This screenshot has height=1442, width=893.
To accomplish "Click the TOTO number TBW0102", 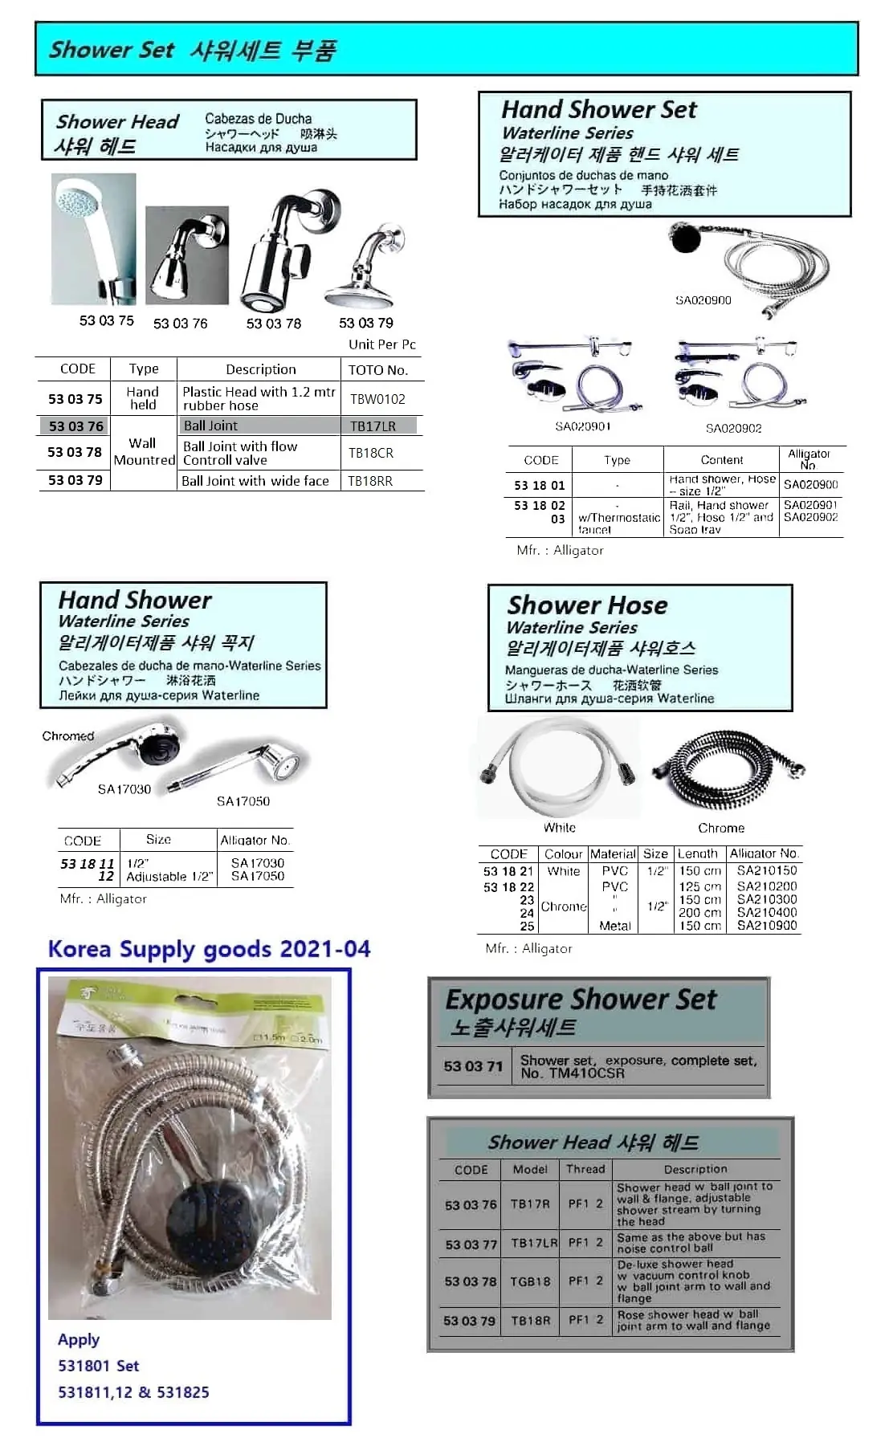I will (377, 399).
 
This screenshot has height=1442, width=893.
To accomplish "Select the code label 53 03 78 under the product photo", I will (274, 324).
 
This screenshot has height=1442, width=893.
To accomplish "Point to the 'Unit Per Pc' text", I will (382, 344).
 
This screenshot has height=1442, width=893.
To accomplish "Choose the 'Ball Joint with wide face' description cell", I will (255, 481).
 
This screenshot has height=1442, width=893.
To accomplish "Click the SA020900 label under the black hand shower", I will (703, 300).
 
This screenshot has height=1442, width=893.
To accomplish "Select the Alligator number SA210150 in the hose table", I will (767, 870).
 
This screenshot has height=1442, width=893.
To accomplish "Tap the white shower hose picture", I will (559, 767).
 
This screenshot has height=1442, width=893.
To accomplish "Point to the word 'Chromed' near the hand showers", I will (68, 735).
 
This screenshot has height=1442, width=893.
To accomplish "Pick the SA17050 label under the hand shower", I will (243, 801).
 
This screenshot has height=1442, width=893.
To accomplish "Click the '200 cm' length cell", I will (700, 912).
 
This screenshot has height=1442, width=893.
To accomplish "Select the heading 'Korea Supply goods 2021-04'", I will (209, 949).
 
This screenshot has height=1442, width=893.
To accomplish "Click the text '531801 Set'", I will (98, 1366).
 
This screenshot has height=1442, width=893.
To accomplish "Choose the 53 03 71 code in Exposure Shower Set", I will (473, 1066).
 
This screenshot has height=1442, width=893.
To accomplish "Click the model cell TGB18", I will (530, 1281).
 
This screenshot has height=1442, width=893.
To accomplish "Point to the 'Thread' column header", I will (585, 1169).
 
